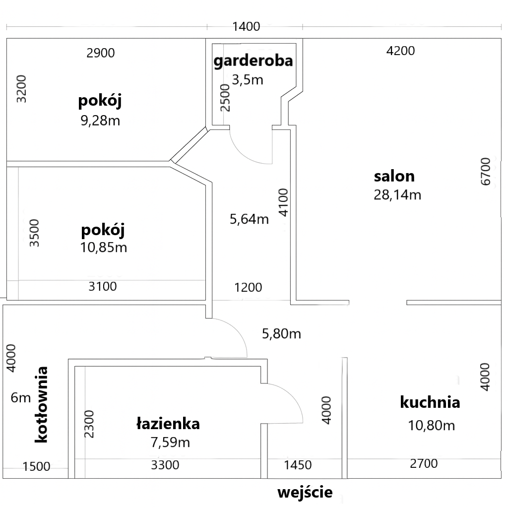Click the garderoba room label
click(x=253, y=61)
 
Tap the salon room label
click(x=394, y=176)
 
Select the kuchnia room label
click(x=430, y=402)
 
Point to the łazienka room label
click(x=168, y=424)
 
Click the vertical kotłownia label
click(x=41, y=405)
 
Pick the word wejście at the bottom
click(x=305, y=493)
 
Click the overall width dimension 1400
click(x=246, y=27)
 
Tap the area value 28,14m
click(x=397, y=195)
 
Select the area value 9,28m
click(x=100, y=121)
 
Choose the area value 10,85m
click(x=103, y=248)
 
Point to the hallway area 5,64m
click(x=249, y=219)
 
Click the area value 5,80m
click(x=281, y=334)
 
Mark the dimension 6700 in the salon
click(x=486, y=171)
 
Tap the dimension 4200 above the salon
click(x=400, y=51)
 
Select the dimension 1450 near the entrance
click(x=298, y=465)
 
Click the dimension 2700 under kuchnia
click(x=424, y=464)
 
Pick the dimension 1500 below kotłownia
click(x=36, y=466)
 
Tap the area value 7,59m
click(x=170, y=442)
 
